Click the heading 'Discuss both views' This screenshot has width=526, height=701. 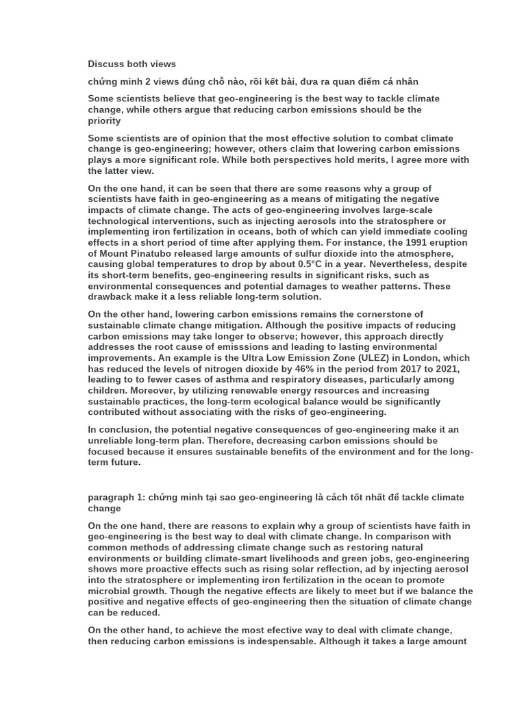131,64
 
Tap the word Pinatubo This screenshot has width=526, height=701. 163,253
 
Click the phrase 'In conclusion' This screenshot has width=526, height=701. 120,430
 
